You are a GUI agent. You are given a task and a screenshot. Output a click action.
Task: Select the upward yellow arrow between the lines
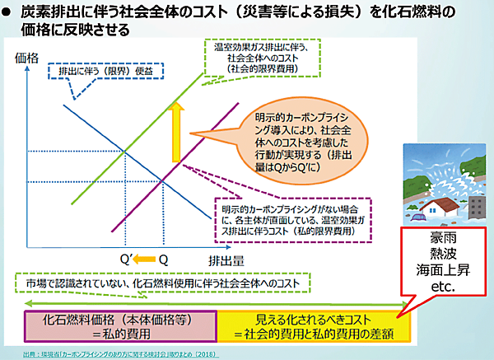point(175,133)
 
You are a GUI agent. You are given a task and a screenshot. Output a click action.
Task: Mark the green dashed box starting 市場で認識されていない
point(165,283)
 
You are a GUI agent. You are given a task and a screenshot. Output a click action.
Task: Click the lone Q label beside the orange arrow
point(164,259)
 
